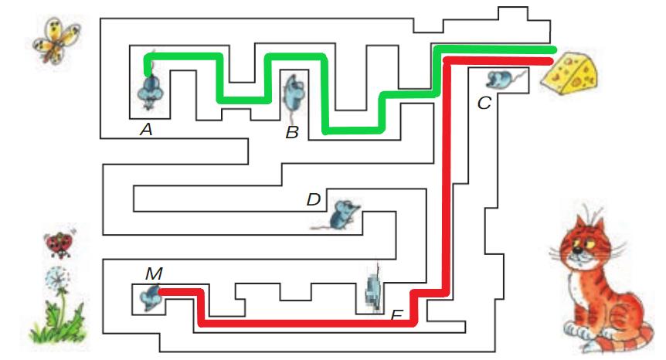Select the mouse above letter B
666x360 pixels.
tap(293, 92)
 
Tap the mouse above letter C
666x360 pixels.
tap(502, 79)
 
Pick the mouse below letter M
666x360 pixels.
tap(150, 295)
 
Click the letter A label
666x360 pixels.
tap(145, 130)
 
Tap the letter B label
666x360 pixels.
tap(291, 132)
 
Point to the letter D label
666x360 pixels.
tap(313, 200)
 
